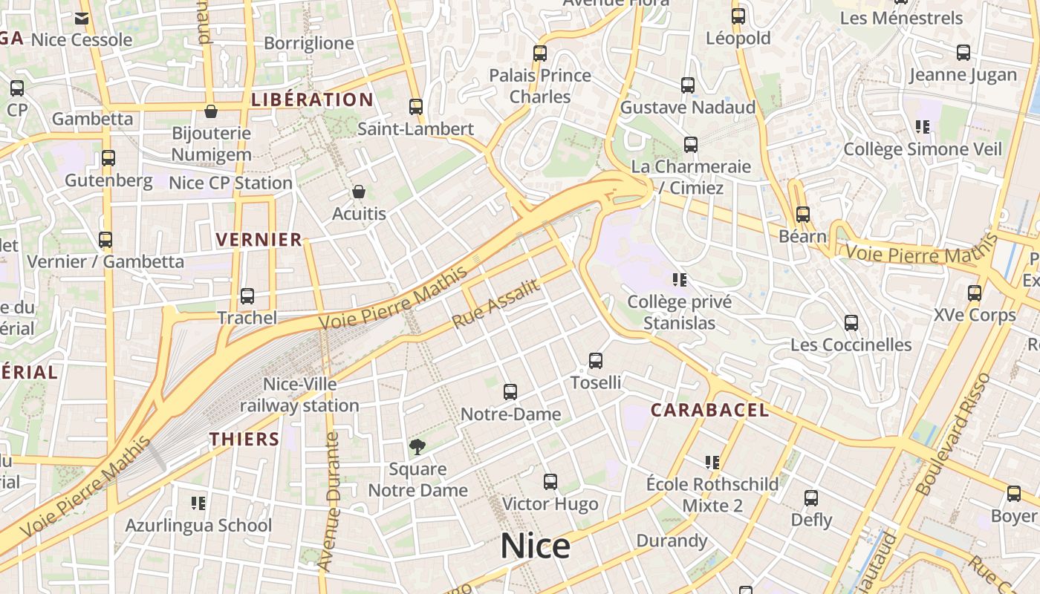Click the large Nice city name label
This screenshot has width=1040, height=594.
tap(535, 546)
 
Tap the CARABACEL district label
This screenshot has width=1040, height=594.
tap(709, 410)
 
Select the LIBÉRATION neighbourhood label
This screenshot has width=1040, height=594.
tap(312, 99)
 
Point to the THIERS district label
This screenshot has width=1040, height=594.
tap(244, 439)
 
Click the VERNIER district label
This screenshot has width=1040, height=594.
tap(259, 239)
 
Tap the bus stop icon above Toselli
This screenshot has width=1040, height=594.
tap(596, 361)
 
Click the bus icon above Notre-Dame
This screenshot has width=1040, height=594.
tap(510, 392)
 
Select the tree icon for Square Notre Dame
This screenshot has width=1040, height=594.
tap(417, 447)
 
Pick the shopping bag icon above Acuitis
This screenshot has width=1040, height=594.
tap(359, 192)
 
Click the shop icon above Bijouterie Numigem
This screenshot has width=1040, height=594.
tap(211, 112)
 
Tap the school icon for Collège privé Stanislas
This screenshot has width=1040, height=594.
tap(679, 280)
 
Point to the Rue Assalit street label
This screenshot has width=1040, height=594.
tap(495, 305)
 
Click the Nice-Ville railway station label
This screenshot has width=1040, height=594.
tap(299, 395)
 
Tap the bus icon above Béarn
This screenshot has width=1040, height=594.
tap(803, 215)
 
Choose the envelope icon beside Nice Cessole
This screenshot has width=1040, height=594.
tap(82, 19)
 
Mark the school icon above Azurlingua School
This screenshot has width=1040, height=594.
tap(198, 503)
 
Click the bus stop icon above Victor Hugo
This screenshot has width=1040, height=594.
tap(550, 482)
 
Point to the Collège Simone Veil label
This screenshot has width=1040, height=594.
tap(923, 149)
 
